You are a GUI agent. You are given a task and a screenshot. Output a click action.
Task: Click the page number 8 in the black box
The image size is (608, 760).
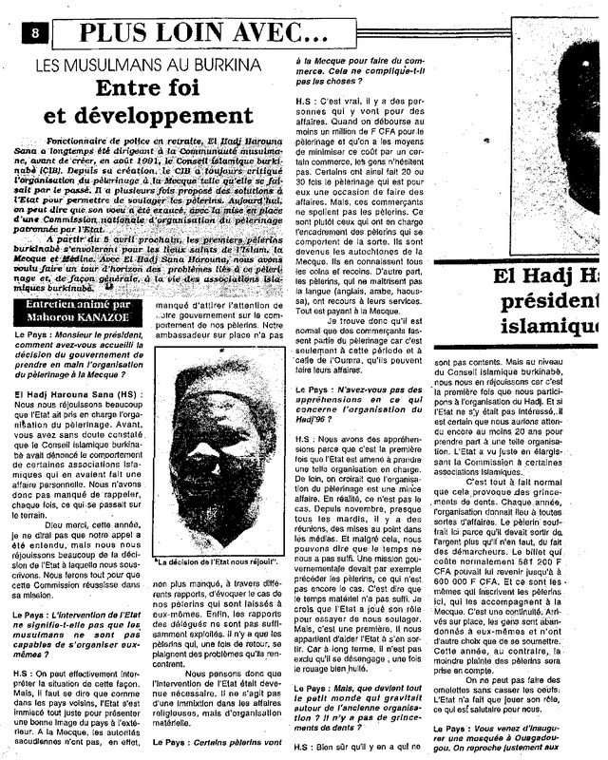pos(35,32)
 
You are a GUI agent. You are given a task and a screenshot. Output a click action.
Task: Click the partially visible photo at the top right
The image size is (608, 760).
pos(560,133)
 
